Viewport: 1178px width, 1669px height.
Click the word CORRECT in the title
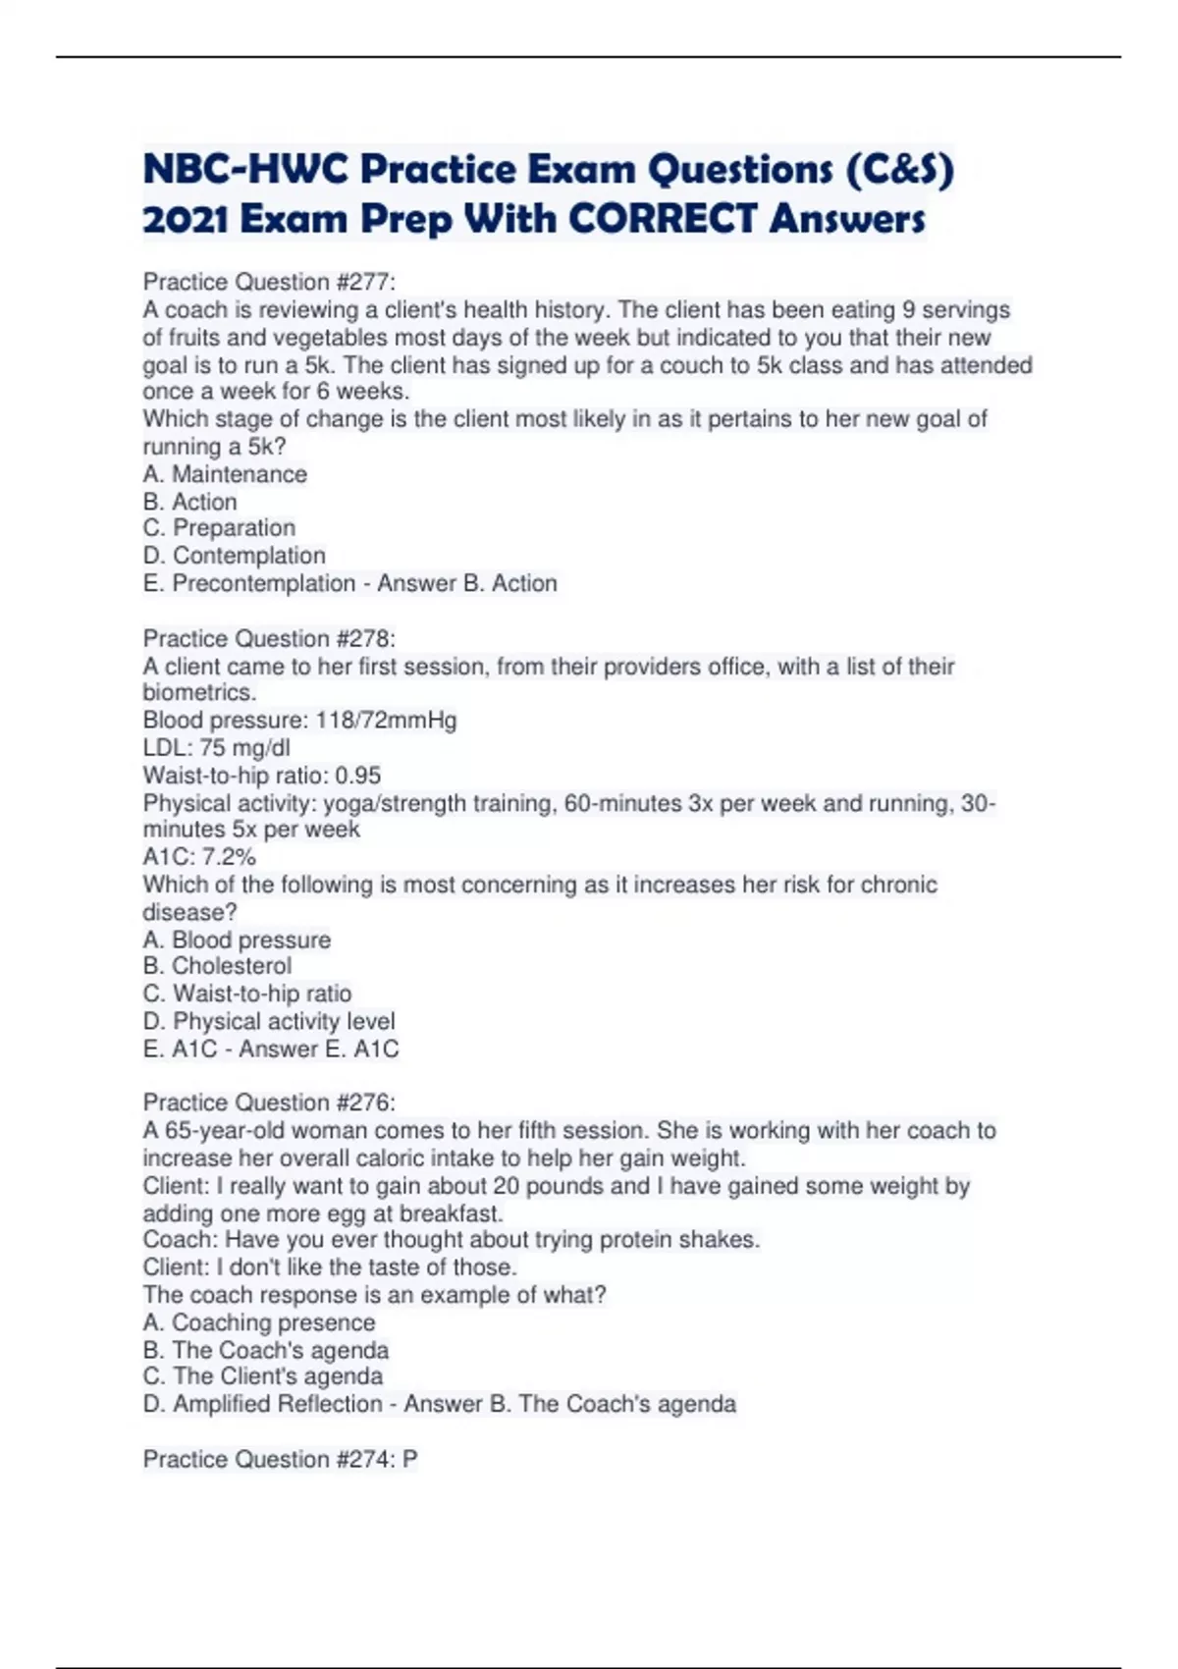tap(664, 219)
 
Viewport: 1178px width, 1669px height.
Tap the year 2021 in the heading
tap(186, 219)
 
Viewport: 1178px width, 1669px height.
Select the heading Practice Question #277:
tap(269, 283)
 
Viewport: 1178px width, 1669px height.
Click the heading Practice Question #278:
tap(269, 639)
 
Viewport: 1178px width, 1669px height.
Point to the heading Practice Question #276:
tap(269, 1103)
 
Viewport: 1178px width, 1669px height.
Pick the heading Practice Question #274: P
tap(280, 1460)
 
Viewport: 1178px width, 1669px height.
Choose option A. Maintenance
tap(225, 474)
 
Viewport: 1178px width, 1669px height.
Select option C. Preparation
tap(219, 528)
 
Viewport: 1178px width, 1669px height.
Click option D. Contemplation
tap(234, 556)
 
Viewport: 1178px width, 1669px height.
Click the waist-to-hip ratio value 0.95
tap(357, 776)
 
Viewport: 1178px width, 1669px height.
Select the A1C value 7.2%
tap(229, 857)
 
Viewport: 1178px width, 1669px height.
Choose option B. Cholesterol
tap(217, 966)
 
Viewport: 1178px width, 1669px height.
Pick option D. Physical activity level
tap(269, 1021)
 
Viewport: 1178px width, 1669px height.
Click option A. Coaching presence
tap(259, 1322)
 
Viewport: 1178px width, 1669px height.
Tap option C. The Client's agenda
tap(262, 1376)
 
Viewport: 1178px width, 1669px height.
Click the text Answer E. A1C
tap(319, 1050)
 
